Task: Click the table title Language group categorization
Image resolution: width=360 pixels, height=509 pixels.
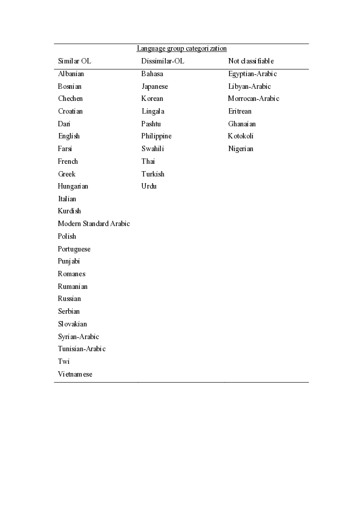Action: point(182,48)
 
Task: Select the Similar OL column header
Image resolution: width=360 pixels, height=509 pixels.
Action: point(74,61)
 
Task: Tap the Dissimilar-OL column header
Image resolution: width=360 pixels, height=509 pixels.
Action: point(163,61)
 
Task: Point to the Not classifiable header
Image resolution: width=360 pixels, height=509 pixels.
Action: point(251,61)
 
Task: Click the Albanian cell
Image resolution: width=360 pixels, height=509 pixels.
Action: point(71,74)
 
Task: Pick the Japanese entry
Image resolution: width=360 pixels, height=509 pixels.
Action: point(155,86)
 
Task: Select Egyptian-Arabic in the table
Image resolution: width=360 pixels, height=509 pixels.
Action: point(252,74)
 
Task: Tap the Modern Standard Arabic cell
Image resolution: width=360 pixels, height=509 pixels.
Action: point(94,224)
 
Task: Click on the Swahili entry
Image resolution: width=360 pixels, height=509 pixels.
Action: point(153,149)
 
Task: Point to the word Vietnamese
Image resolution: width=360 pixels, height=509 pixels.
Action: point(76,374)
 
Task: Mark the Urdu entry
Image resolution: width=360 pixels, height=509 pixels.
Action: point(149,186)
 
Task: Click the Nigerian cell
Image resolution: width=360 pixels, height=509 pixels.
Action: point(241,149)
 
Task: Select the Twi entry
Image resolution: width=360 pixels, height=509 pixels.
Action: point(64,361)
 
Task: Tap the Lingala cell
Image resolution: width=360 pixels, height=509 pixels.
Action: point(153,111)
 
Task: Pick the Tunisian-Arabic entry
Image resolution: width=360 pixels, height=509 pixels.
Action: point(82,349)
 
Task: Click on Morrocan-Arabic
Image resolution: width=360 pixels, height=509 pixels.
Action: point(254,99)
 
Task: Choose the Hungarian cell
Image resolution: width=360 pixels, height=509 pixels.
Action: point(73,186)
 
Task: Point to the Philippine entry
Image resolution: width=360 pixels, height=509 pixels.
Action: point(157,136)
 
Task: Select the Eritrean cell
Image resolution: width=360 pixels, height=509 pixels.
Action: point(240,111)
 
